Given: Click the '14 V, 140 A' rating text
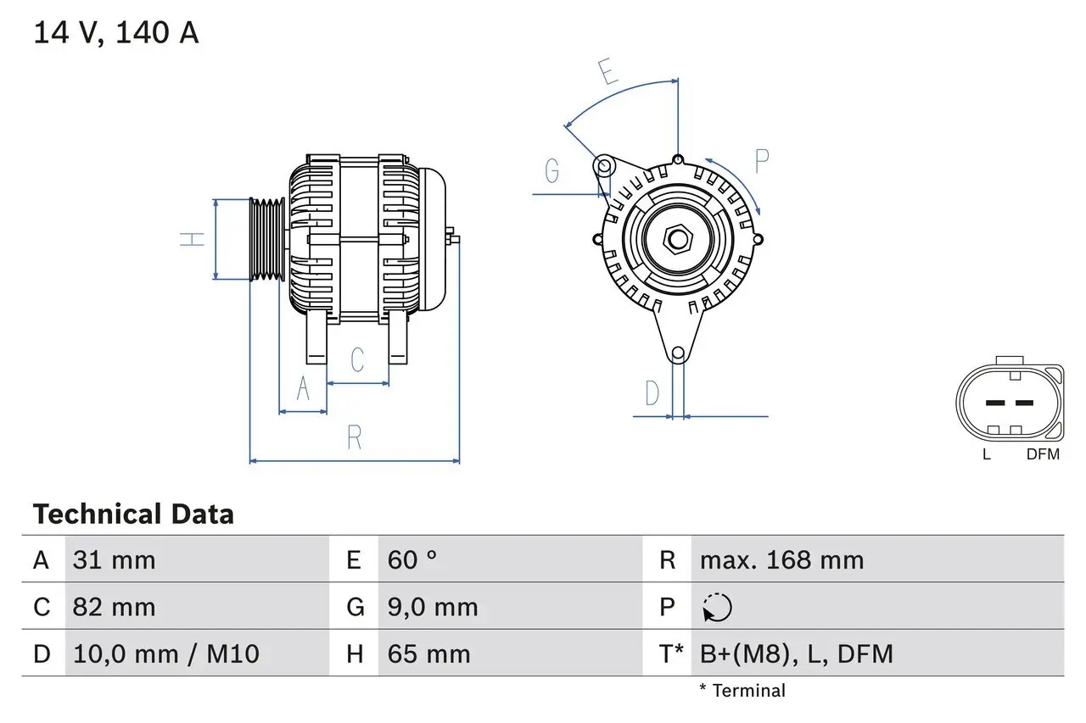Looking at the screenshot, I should (116, 33).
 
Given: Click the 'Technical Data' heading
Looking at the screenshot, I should (133, 514).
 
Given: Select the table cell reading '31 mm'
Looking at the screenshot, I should (114, 559).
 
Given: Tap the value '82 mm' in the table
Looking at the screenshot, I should (114, 607).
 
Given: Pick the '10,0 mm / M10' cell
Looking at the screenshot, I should (165, 653).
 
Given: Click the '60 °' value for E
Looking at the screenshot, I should (412, 559).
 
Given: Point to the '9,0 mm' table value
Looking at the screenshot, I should (433, 607).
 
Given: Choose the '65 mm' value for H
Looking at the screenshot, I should (428, 653).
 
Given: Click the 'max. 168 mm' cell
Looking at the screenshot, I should (781, 559).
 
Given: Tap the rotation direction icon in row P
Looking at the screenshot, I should (717, 607).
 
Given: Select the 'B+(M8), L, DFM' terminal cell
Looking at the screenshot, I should (796, 653).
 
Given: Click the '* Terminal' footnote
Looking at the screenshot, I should (742, 691).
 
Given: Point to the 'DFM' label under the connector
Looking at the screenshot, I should (1043, 454).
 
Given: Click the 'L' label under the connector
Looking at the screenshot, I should (986, 454).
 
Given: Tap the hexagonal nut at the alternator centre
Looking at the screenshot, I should (676, 238).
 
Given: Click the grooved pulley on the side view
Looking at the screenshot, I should (267, 238).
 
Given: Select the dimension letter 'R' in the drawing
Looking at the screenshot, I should (355, 438).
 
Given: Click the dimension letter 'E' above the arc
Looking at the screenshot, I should (607, 74).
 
